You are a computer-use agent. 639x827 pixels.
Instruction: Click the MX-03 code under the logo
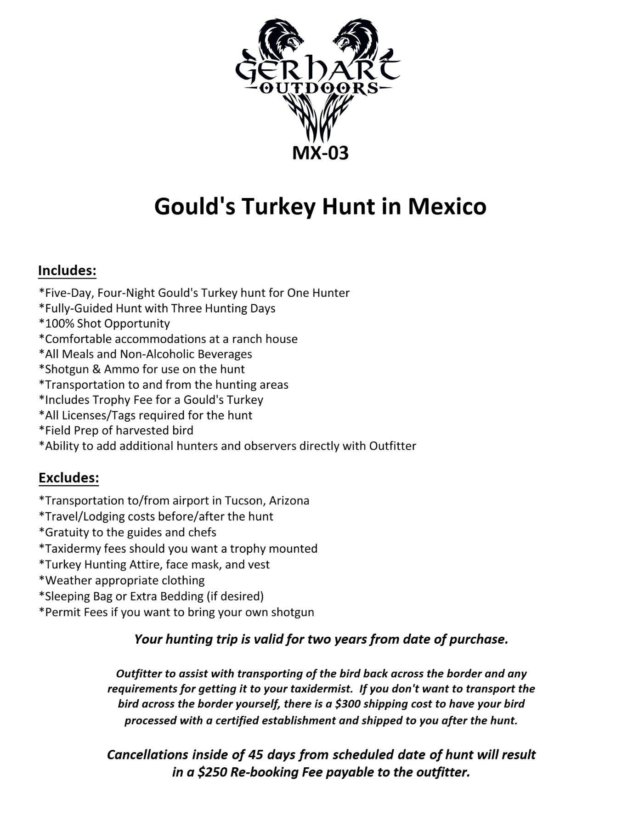(320, 153)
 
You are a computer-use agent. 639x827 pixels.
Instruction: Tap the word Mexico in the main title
(447, 206)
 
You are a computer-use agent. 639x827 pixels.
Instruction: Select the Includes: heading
(67, 271)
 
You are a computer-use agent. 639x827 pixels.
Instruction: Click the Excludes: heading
(69, 478)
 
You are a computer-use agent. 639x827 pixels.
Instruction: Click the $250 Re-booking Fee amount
(212, 772)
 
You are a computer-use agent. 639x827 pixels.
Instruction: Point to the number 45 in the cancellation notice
(256, 755)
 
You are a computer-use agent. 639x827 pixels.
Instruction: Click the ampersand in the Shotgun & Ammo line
(96, 369)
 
